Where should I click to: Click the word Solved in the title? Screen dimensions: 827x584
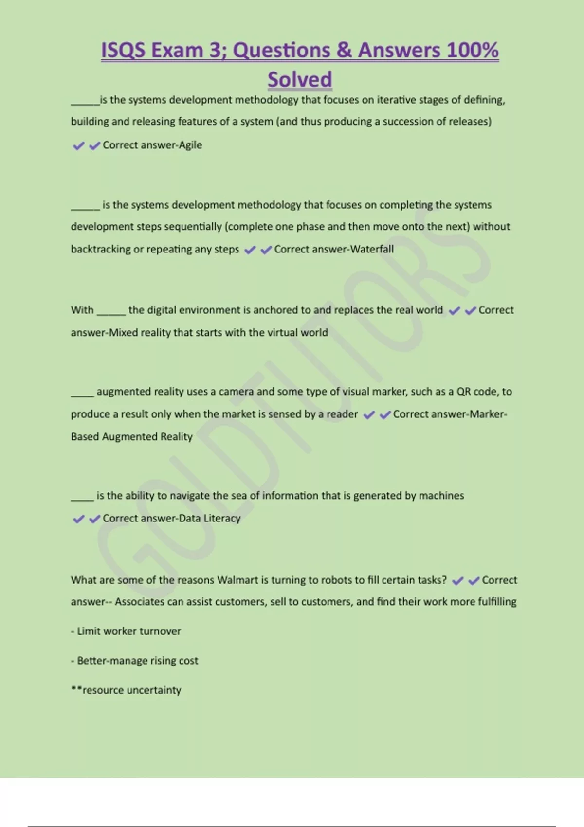[x=300, y=79]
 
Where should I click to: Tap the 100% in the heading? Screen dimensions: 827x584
[x=472, y=50]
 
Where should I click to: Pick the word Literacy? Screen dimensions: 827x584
[x=222, y=519]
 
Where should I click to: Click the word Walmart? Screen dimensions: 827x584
[x=237, y=580]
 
